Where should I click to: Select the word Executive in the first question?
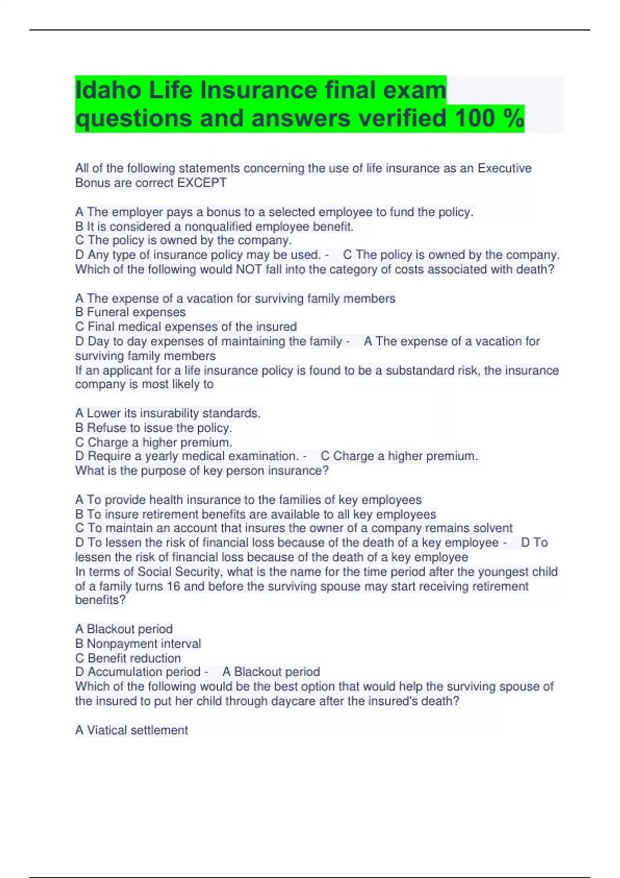[x=504, y=168]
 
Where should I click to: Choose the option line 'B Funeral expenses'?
[x=130, y=312]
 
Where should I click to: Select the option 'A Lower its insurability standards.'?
[x=168, y=413]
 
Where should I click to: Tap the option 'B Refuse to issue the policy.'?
[x=153, y=428]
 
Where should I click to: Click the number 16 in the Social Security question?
[x=174, y=586]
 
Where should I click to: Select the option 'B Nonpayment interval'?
[x=138, y=644]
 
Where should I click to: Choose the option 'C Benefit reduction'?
[x=128, y=658]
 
